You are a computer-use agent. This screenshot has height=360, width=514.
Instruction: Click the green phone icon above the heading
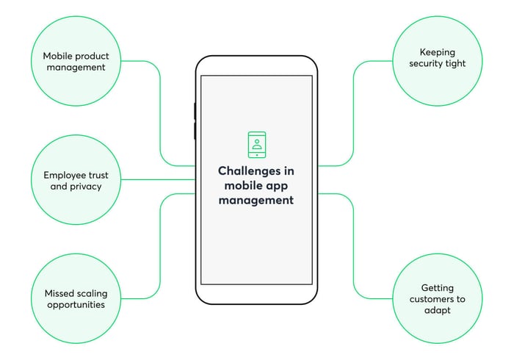click(256, 145)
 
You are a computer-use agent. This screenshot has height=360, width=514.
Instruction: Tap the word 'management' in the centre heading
click(256, 199)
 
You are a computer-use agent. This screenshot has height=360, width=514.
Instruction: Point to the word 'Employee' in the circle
click(65, 176)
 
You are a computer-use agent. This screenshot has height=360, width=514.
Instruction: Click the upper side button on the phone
click(195, 111)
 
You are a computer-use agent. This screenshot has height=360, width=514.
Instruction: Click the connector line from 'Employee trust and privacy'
click(154, 179)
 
